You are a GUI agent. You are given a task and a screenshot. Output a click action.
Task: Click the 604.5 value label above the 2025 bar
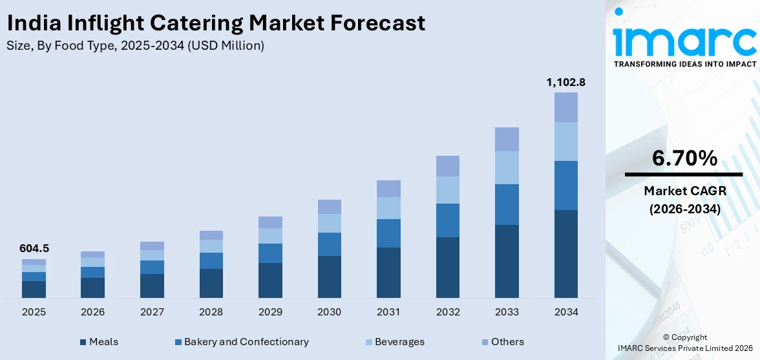[x=34, y=248]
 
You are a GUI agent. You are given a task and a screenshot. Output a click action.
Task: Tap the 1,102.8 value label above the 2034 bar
[x=566, y=82]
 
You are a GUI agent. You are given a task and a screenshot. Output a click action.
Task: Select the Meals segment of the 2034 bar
[x=566, y=253]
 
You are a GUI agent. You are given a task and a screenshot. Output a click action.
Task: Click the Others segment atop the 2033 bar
[x=507, y=139]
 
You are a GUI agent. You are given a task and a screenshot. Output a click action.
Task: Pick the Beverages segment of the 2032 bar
[x=448, y=190]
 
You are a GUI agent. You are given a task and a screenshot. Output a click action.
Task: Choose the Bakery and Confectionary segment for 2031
[x=388, y=233]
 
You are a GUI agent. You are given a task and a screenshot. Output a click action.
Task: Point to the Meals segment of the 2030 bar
[x=329, y=277]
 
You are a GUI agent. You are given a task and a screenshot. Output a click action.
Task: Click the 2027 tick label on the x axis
[x=152, y=312]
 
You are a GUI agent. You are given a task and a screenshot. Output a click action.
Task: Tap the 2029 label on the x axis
[x=270, y=312]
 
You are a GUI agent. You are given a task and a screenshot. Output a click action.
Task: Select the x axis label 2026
[x=92, y=312]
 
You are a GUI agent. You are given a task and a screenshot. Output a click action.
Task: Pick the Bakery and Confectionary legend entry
[x=242, y=342]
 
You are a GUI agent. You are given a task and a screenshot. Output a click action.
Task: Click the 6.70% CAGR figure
[x=684, y=158]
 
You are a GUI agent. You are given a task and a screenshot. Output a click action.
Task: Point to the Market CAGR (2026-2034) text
[x=684, y=200]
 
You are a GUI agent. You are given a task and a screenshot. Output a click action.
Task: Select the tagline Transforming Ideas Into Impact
[x=684, y=64]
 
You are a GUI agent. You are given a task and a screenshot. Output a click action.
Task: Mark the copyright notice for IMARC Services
[x=684, y=343]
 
